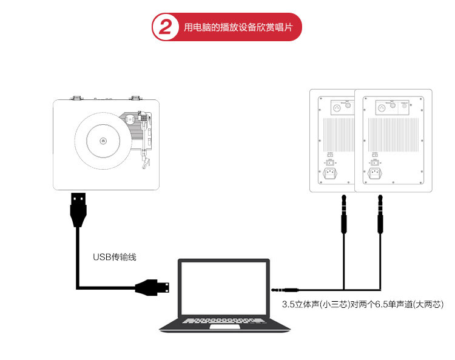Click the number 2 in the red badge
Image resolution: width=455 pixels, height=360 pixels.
pyautogui.click(x=164, y=27)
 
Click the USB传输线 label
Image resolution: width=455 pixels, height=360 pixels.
pyautogui.click(x=115, y=257)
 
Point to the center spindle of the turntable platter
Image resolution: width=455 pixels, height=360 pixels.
pyautogui.click(x=103, y=142)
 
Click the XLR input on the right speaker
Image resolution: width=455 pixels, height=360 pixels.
pyautogui.click(x=382, y=108)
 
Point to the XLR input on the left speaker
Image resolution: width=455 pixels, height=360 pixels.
pyautogui.click(x=336, y=107)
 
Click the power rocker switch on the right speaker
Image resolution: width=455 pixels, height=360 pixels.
pyautogui.click(x=374, y=162)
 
